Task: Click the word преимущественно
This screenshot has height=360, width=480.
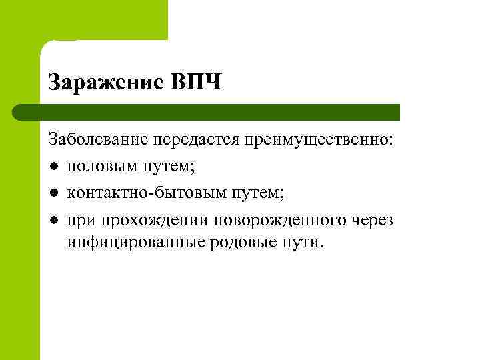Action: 319,141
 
